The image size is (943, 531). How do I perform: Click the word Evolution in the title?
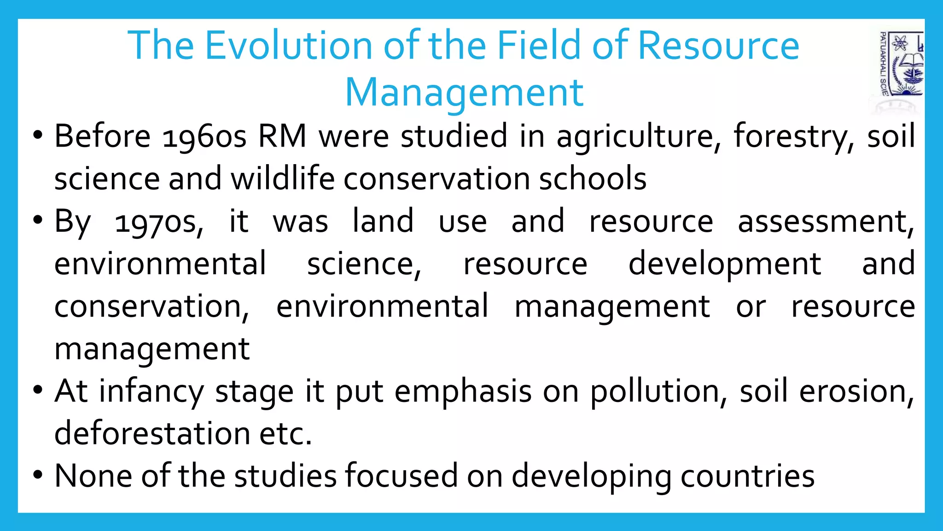[x=289, y=45]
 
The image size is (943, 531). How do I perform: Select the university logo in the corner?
[x=900, y=65]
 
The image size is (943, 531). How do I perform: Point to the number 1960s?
[x=204, y=136]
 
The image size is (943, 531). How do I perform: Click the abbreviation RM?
[x=282, y=136]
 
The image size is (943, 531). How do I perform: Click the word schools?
[x=593, y=179]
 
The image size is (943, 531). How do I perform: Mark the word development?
[x=725, y=265]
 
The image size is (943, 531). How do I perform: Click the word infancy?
[x=151, y=392]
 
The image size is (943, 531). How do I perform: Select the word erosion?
[x=856, y=392]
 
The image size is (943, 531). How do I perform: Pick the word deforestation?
[x=151, y=434]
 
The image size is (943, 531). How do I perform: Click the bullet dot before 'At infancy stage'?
[x=38, y=389]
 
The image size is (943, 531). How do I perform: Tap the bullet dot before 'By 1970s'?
[x=38, y=220]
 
